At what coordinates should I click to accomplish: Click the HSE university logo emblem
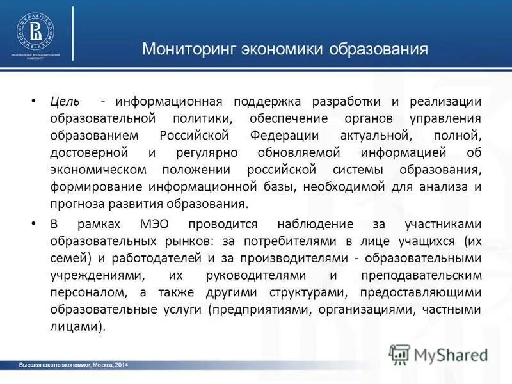[x=35, y=30]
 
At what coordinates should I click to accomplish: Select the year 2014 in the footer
[x=121, y=365]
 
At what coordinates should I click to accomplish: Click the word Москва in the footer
[x=102, y=365]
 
